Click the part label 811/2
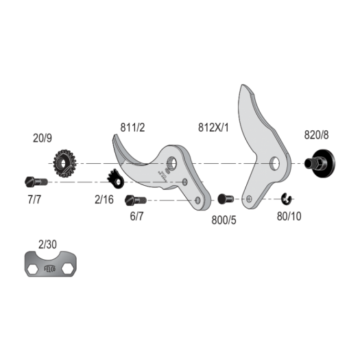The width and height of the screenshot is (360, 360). [x=133, y=127]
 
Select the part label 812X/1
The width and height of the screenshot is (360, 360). [x=213, y=127]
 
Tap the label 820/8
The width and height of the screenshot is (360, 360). [x=316, y=135]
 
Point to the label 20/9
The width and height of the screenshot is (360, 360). [x=43, y=138]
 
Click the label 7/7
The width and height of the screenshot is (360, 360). [x=34, y=200]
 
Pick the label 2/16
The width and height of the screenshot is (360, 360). [x=104, y=200]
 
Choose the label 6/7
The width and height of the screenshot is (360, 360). [x=136, y=216]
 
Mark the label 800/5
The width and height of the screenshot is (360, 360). [x=224, y=220]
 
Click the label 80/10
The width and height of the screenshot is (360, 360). [x=289, y=216]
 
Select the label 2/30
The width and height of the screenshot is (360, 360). [x=47, y=245]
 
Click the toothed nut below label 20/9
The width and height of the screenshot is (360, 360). [x=64, y=163]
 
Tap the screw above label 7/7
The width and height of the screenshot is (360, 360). [x=36, y=182]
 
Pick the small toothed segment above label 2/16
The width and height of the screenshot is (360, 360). [x=115, y=179]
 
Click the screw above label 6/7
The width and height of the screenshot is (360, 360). [x=136, y=200]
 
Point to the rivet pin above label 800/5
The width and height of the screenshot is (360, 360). [x=226, y=199]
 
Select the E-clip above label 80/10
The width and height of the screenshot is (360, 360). [x=287, y=199]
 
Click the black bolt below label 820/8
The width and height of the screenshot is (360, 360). [x=320, y=163]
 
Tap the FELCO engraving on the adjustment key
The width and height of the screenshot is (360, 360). [x=50, y=268]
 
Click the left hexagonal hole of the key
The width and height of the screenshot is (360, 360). [x=33, y=269]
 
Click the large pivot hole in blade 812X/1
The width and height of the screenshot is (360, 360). [x=275, y=163]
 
